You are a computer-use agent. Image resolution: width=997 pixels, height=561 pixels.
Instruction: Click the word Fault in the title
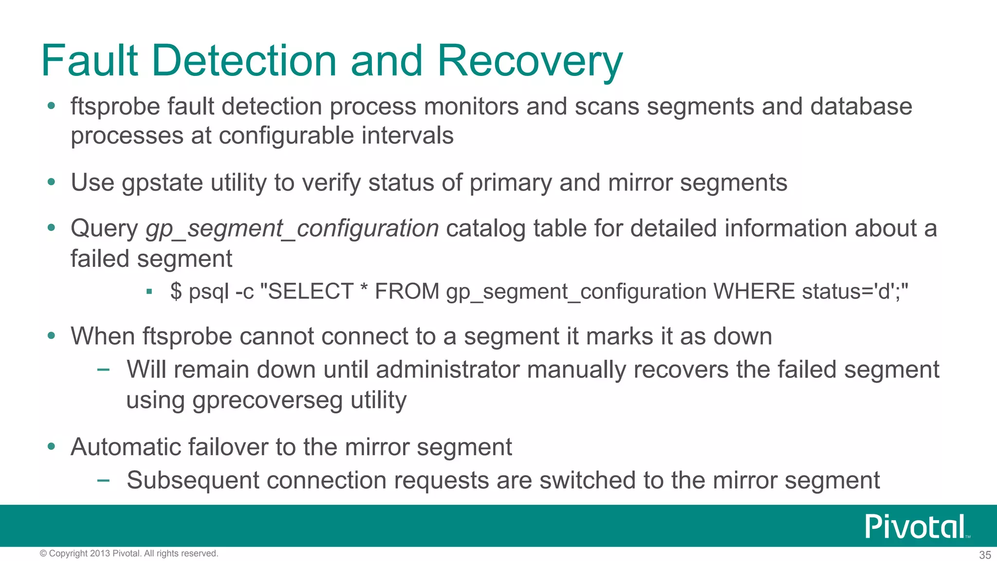pyautogui.click(x=90, y=61)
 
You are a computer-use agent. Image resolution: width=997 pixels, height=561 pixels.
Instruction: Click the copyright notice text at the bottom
pyautogui.click(x=129, y=554)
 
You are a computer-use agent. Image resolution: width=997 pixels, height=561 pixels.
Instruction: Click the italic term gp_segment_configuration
pyautogui.click(x=292, y=229)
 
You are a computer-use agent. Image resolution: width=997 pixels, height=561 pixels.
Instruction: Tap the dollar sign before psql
pyautogui.click(x=176, y=292)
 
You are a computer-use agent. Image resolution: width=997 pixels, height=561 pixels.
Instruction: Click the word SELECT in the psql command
pyautogui.click(x=311, y=292)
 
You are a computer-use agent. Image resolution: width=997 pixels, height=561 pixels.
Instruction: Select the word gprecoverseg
pyautogui.click(x=268, y=401)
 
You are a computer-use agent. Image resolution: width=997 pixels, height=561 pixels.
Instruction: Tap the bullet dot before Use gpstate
pyautogui.click(x=52, y=183)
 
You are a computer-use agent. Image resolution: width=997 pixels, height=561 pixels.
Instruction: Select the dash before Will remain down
pyautogui.click(x=103, y=370)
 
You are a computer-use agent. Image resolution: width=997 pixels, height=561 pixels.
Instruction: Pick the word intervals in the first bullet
pyautogui.click(x=407, y=136)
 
